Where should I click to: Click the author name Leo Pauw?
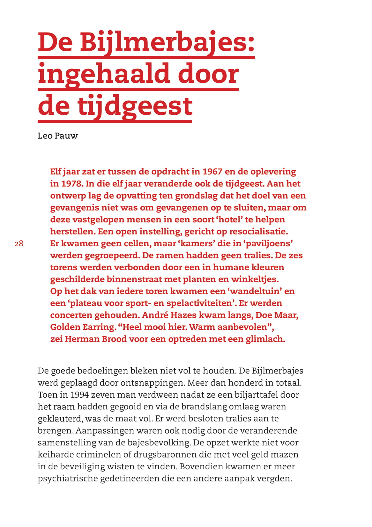pos(58,136)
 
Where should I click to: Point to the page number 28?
pos(19,244)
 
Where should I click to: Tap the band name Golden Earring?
pos(83,327)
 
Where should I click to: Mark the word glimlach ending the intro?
pos(265,339)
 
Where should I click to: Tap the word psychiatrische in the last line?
pos(67,479)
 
